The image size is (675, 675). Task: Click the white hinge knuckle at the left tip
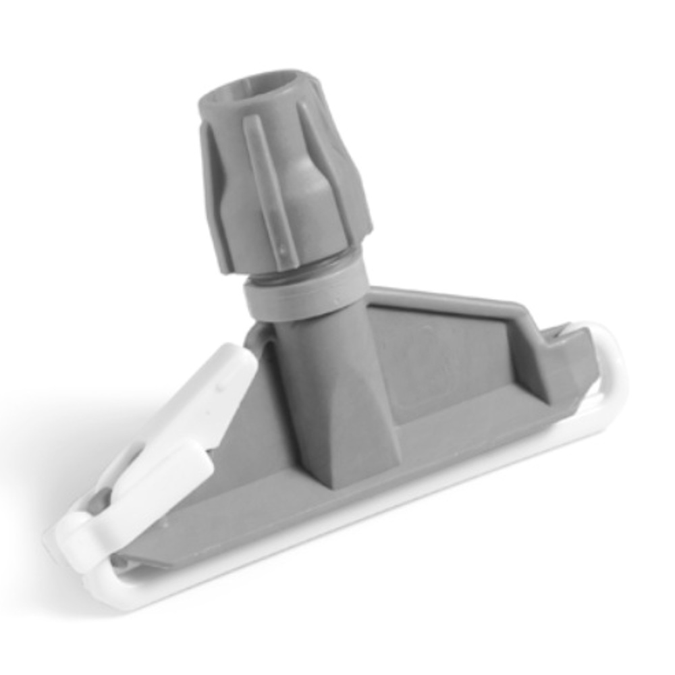[67, 540]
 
